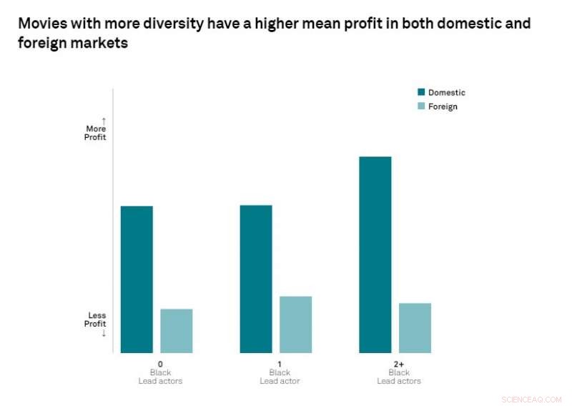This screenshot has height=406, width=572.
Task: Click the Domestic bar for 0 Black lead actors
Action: [137, 279]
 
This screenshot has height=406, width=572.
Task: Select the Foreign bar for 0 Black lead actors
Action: [177, 331]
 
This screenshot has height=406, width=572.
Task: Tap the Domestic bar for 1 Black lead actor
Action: [256, 279]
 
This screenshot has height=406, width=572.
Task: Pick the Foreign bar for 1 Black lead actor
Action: [296, 325]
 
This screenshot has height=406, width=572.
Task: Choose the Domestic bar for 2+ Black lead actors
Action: [375, 254]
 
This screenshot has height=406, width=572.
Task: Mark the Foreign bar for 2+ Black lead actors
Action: [415, 328]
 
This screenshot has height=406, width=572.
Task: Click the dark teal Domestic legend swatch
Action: [421, 92]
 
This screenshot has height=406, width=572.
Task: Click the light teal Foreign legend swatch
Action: [421, 107]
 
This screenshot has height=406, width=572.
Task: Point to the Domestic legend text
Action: [446, 92]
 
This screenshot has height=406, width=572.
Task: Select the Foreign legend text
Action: [443, 107]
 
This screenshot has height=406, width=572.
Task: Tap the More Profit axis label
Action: [96, 133]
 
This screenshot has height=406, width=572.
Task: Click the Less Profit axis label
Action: [97, 320]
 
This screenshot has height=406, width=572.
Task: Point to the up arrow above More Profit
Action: [104, 120]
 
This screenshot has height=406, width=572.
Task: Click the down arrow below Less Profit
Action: [104, 332]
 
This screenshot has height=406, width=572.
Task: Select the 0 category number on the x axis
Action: [160, 364]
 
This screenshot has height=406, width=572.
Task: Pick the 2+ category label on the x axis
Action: [399, 364]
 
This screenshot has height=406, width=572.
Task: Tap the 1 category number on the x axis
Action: [280, 364]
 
